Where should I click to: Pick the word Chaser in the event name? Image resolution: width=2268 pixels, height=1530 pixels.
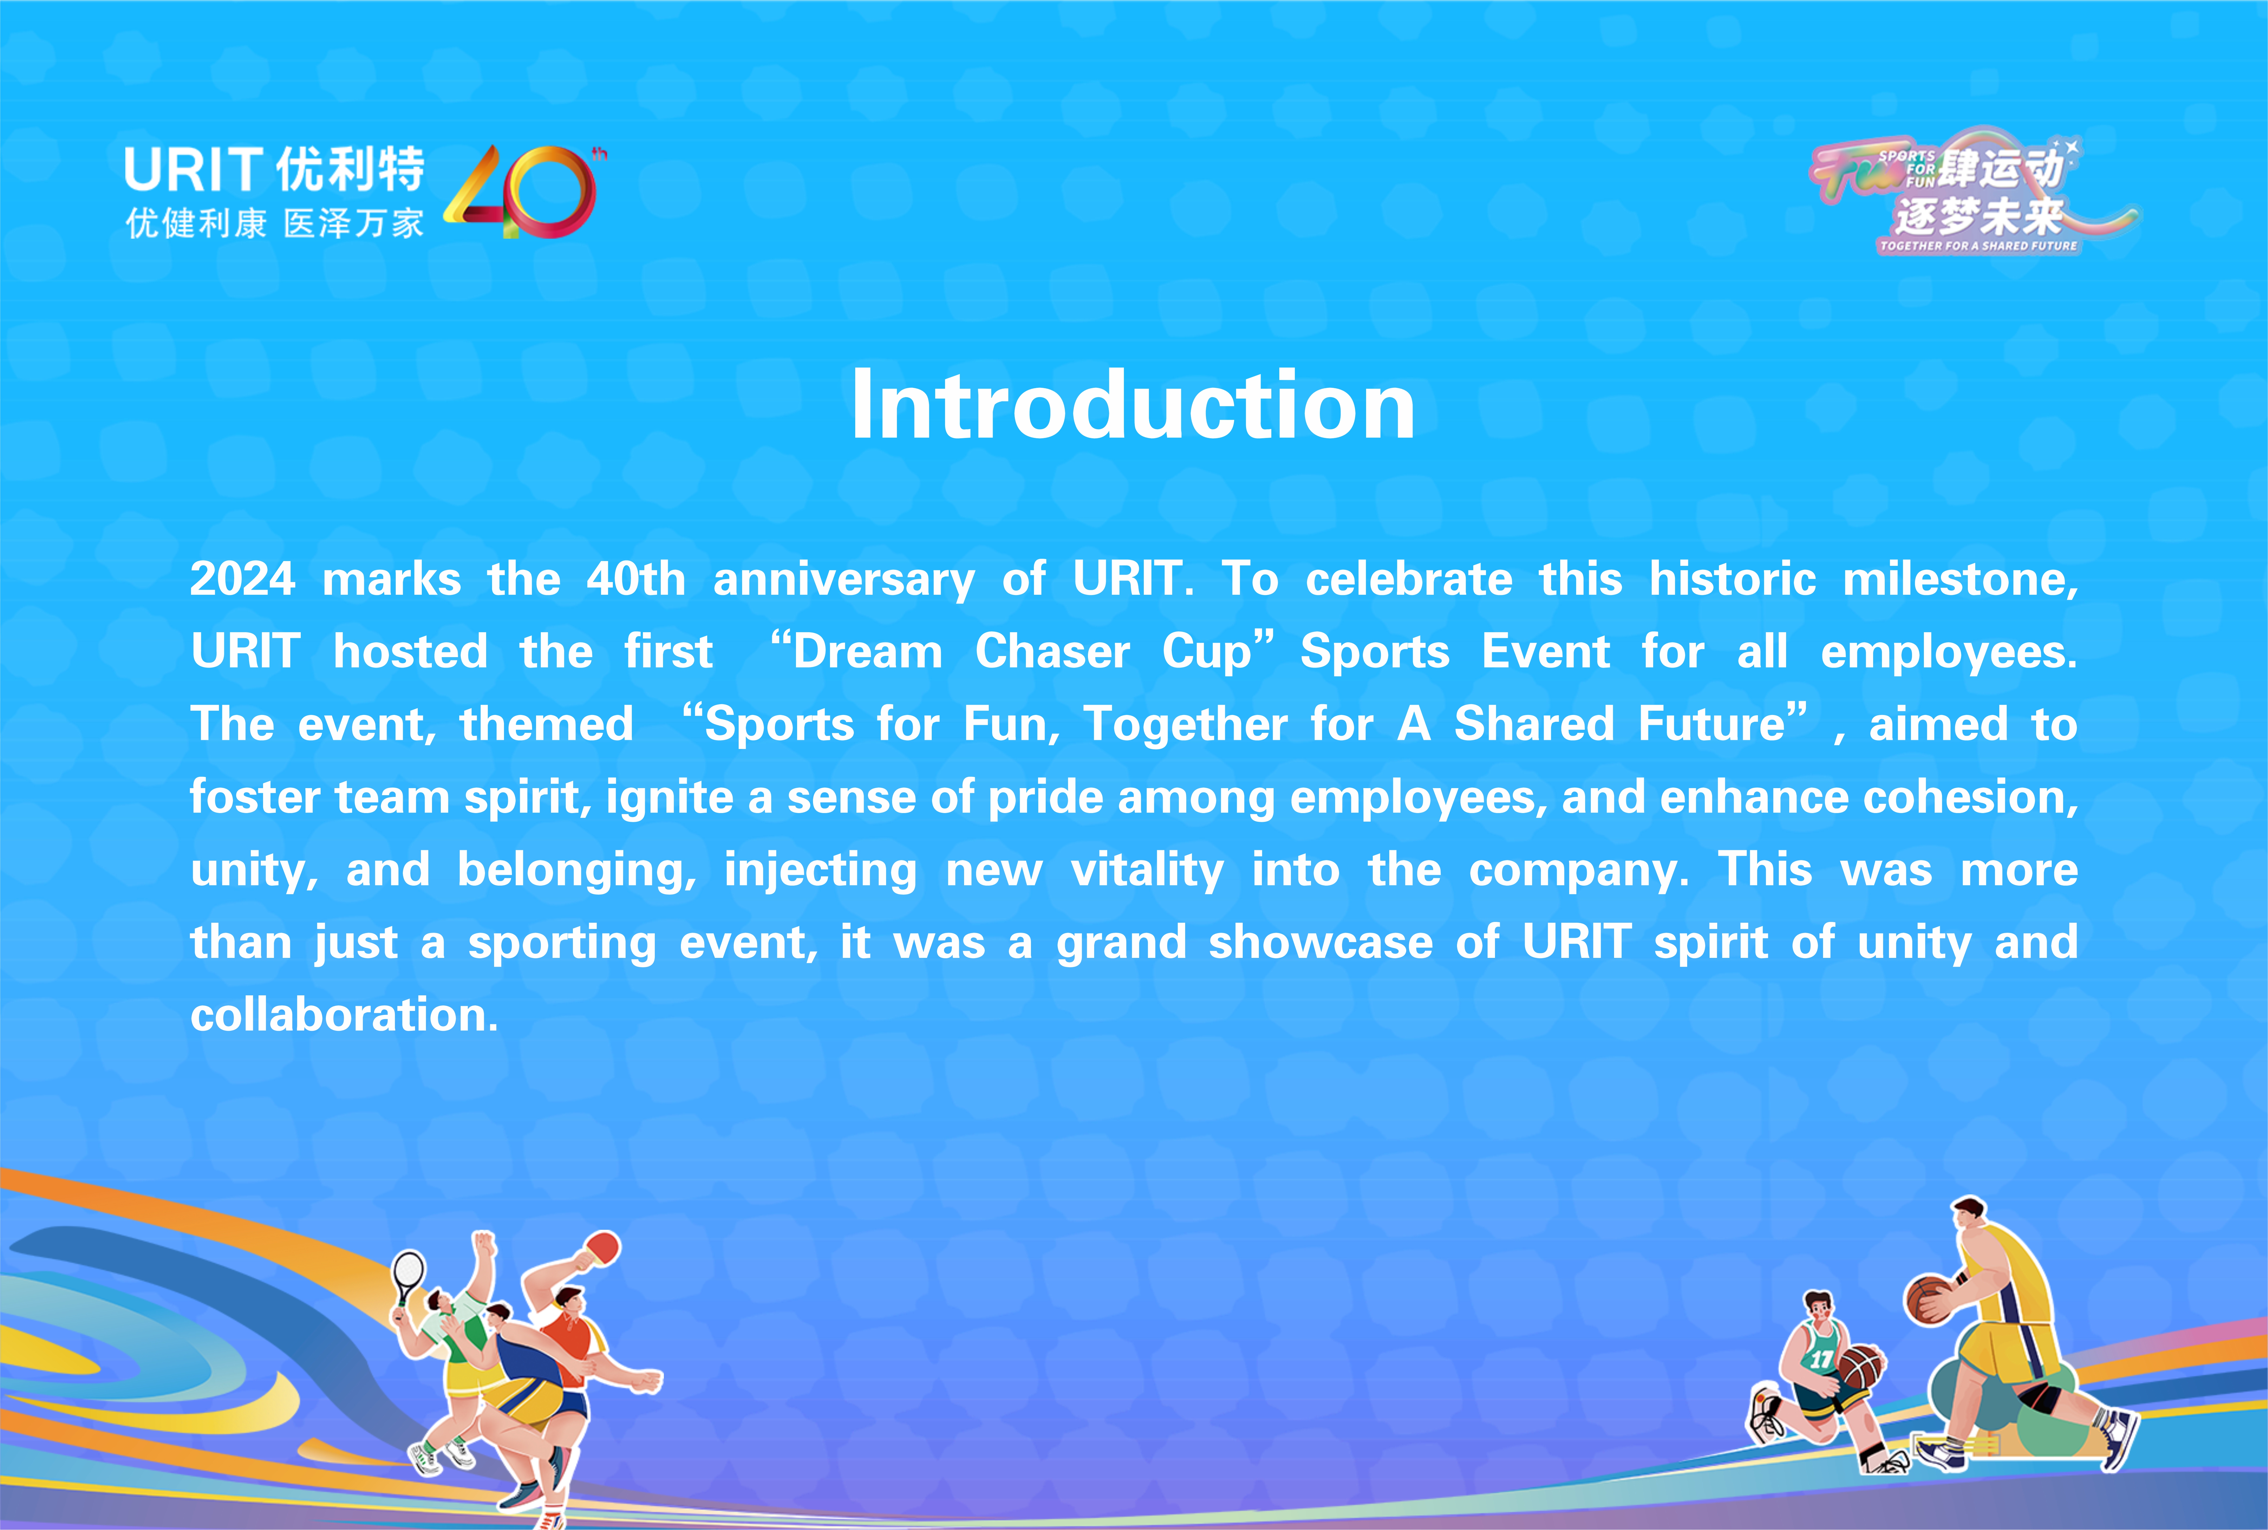coord(1053,652)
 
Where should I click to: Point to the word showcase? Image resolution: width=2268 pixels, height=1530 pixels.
coord(1321,943)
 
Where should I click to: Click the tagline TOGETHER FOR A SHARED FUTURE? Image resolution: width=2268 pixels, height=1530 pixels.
coord(1978,246)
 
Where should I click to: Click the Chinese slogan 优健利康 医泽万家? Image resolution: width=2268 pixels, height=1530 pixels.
coord(274,223)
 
